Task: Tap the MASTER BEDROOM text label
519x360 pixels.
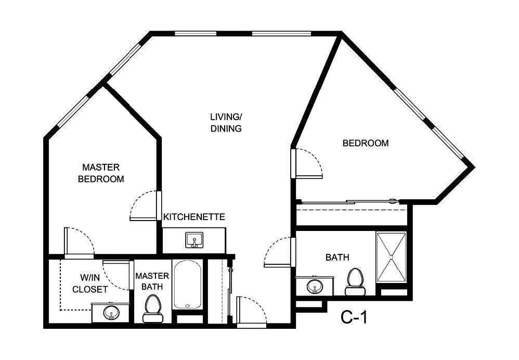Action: pos(101,173)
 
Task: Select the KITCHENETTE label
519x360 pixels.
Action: pos(194,216)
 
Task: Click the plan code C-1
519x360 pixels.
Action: pos(354,316)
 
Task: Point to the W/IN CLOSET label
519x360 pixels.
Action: pos(89,284)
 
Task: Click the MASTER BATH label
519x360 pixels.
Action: pos(152,281)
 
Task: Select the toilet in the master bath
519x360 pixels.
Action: pos(152,306)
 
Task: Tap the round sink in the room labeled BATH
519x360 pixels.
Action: pos(314,286)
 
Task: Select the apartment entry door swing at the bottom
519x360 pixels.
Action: pos(251,311)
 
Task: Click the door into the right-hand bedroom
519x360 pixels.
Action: pos(307,163)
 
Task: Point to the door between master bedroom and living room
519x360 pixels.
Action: pos(144,205)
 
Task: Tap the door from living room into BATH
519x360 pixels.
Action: pos(280,251)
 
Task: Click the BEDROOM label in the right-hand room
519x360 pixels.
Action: pos(365,143)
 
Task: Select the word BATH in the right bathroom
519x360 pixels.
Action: pos(337,257)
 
